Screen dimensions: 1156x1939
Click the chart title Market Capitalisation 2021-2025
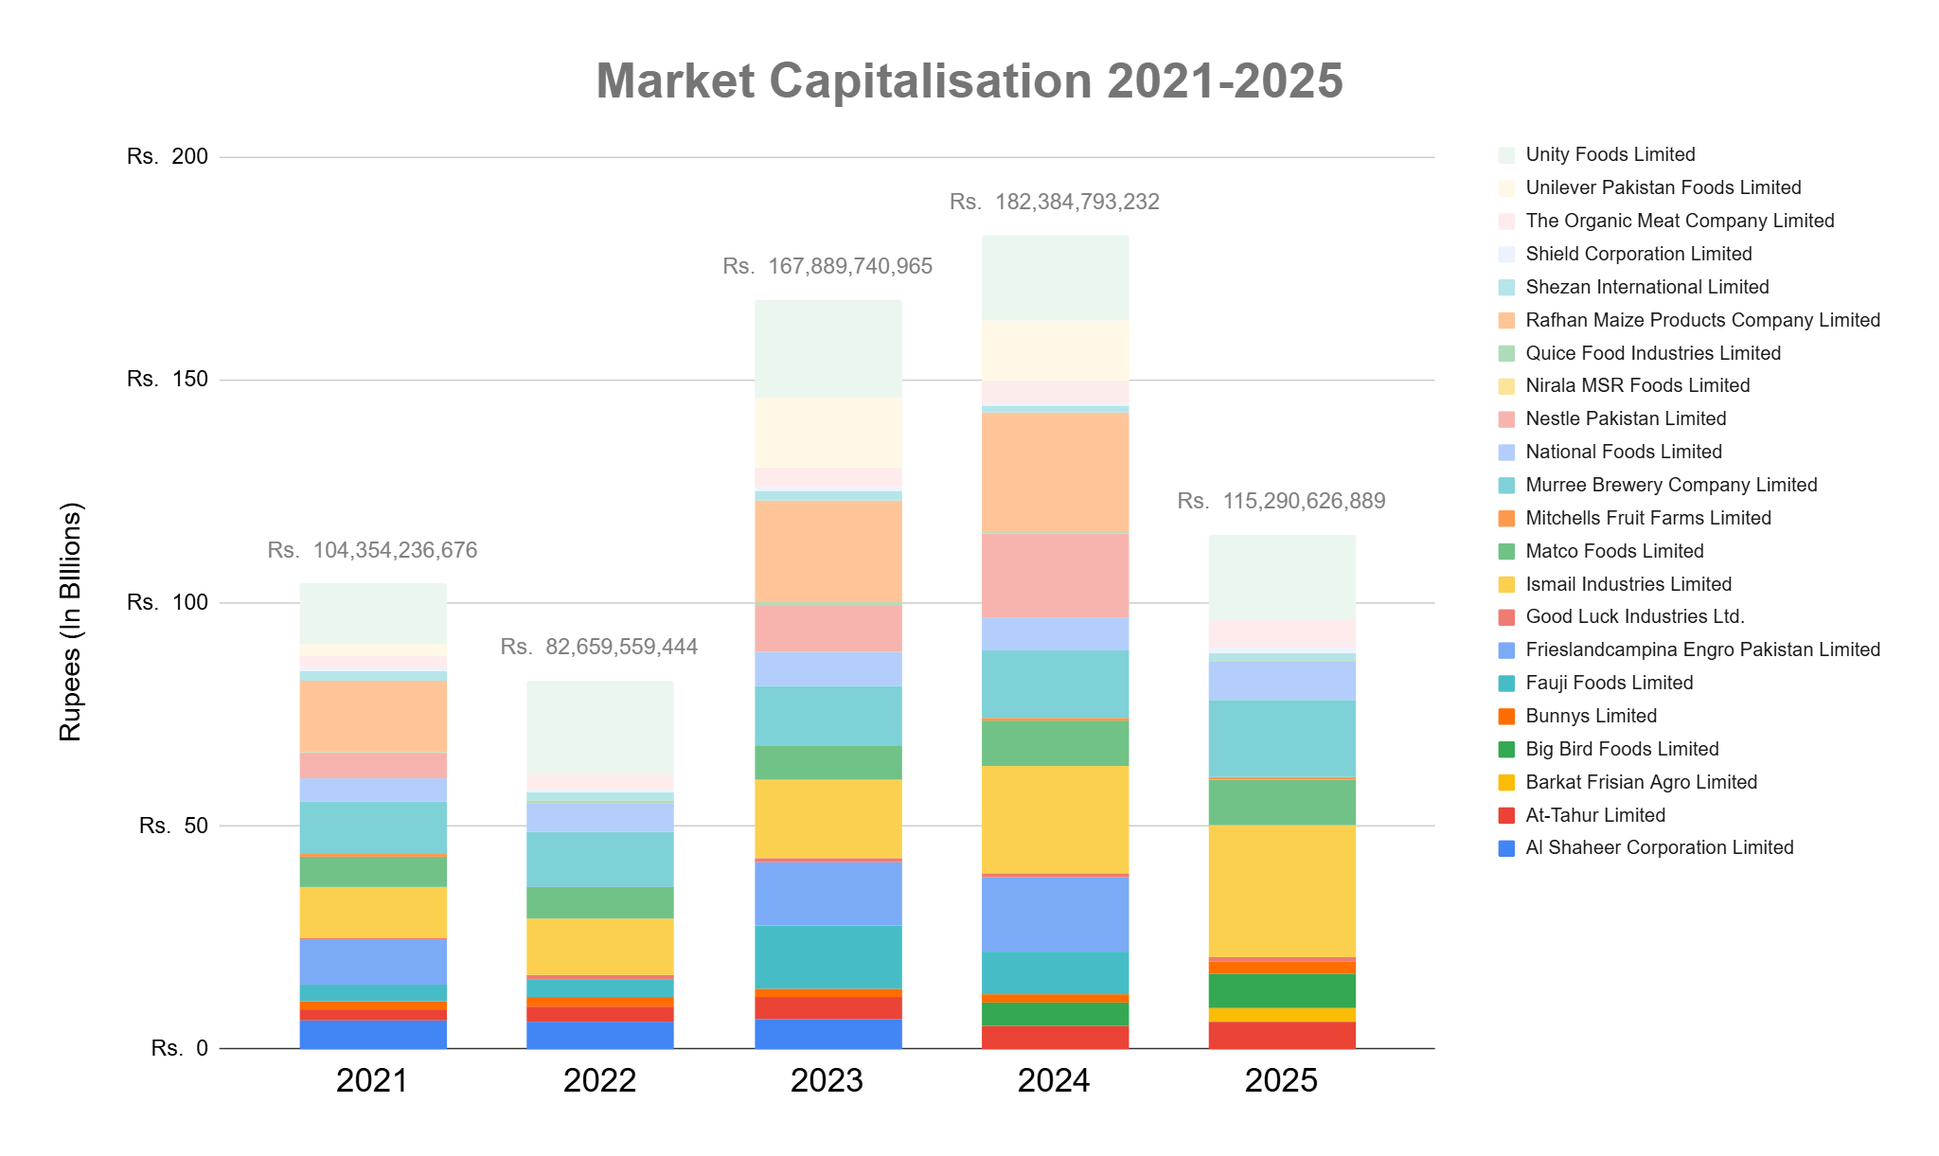pos(969,81)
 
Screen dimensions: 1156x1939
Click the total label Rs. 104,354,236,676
pos(372,550)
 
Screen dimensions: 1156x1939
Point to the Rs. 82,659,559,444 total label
pos(599,647)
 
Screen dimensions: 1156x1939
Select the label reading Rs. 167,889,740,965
pos(827,267)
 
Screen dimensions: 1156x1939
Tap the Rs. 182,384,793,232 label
pos(1055,202)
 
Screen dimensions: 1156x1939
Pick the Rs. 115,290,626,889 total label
pos(1282,501)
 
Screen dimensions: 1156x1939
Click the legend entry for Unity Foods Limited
pos(1610,154)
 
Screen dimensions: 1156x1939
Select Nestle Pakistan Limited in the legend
pos(1625,418)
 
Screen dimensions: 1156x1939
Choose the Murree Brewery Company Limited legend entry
pos(1670,485)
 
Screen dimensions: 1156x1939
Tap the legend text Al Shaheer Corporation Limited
pos(1659,847)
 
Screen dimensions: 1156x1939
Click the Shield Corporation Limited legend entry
pos(1638,254)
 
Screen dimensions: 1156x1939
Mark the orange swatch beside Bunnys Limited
pos(1507,717)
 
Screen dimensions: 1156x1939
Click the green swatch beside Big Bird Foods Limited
pos(1507,750)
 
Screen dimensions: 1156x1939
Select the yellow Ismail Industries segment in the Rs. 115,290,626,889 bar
pos(1282,891)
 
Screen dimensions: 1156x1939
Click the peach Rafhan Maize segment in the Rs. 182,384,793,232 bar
pos(1055,471)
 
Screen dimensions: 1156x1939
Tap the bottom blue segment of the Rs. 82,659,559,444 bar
pos(599,1035)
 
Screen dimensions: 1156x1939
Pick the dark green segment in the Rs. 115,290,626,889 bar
pos(1282,990)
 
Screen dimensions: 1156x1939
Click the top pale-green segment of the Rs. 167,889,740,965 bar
pos(827,348)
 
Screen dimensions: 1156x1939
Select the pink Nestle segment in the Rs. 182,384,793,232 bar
pos(1055,575)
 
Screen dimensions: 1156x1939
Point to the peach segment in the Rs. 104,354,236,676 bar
pos(372,717)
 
